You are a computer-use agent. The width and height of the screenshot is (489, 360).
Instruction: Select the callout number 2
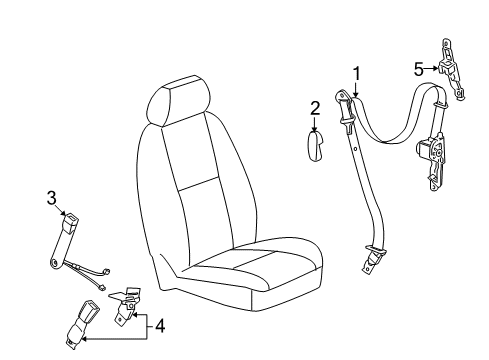313,108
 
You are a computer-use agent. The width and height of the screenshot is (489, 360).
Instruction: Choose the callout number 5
420,68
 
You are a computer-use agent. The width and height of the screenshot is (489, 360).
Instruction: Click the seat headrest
177,105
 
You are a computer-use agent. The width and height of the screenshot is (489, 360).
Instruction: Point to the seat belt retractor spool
425,152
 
